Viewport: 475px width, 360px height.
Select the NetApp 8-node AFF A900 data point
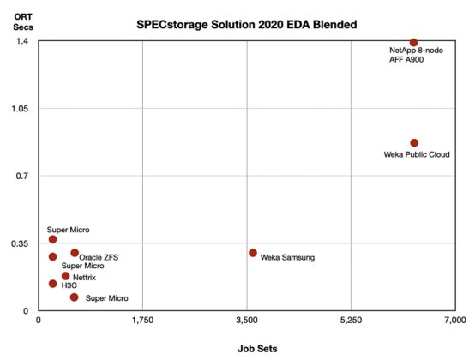413,42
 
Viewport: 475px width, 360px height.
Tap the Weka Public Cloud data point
414,143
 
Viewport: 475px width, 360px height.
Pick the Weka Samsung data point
253,253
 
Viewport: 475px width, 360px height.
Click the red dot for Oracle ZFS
75,253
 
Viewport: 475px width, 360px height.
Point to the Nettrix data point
65,276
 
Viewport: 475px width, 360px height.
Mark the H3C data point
53,284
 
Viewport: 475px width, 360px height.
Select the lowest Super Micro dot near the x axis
75,297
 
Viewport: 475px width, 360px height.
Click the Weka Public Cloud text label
416,155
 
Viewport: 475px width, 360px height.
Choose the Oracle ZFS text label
101,256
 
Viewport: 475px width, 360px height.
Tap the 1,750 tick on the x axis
142,321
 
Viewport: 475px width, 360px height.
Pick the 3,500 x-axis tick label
247,321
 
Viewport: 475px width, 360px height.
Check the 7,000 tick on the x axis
454,321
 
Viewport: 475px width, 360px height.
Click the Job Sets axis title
258,349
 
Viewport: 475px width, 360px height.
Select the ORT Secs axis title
22,18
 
